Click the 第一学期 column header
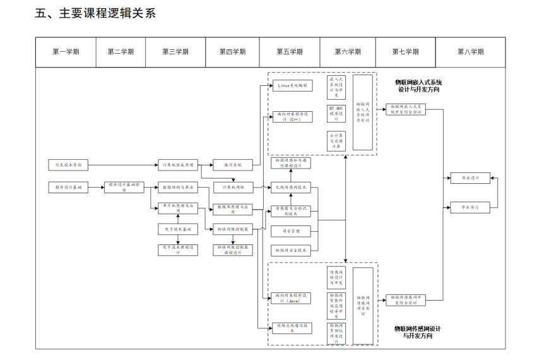66,52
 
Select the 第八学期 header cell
470,52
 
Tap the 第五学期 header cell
289,52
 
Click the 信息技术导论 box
69,165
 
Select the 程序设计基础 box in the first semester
69,188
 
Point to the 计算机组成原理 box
178,165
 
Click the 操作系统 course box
233,165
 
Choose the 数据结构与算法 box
178,188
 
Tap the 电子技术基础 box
178,229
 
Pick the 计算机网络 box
233,188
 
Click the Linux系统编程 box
292,85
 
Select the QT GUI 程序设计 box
336,113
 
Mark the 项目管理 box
292,231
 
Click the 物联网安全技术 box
292,250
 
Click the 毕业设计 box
470,178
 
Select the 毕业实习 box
470,207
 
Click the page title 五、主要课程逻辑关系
95,13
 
